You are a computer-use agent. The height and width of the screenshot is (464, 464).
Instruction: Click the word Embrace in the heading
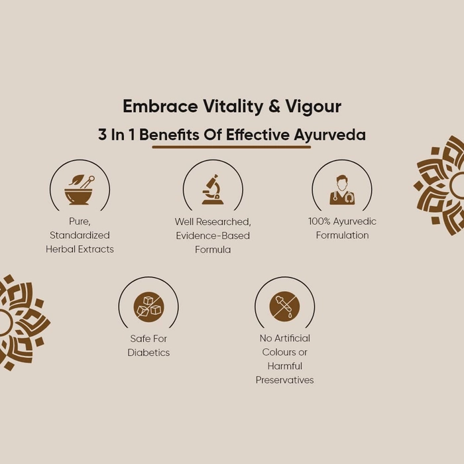pos(160,106)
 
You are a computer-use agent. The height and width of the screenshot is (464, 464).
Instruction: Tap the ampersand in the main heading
pos(274,106)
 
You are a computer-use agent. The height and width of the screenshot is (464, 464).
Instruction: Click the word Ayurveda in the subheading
pos(329,135)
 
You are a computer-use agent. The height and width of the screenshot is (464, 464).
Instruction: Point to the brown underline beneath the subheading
pos(231,146)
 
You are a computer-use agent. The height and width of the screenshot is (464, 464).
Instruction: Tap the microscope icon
pos(213,190)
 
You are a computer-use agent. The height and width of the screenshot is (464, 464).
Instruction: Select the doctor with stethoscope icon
pos(342,190)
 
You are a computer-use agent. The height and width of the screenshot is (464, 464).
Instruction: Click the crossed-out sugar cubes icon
pos(148,306)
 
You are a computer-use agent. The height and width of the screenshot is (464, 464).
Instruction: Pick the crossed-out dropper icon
pos(284,306)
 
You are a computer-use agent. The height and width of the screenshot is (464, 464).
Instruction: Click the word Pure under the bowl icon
pos(80,221)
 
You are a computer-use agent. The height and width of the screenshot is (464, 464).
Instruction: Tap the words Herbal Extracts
pos(80,249)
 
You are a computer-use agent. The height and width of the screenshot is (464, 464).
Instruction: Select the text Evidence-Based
pos(213,235)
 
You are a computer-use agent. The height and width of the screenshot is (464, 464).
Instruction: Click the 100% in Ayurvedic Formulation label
pos(319,221)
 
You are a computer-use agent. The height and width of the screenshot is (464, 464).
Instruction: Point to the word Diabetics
pos(148,353)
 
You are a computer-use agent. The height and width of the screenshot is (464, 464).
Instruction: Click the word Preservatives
pos(284,380)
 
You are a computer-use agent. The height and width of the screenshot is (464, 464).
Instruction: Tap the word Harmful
pos(284,366)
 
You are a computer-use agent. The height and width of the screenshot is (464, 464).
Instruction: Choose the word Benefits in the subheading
pos(169,135)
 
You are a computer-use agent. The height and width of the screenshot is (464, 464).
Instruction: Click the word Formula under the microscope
pos(213,249)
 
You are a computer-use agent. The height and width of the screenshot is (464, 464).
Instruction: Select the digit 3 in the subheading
pos(102,135)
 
